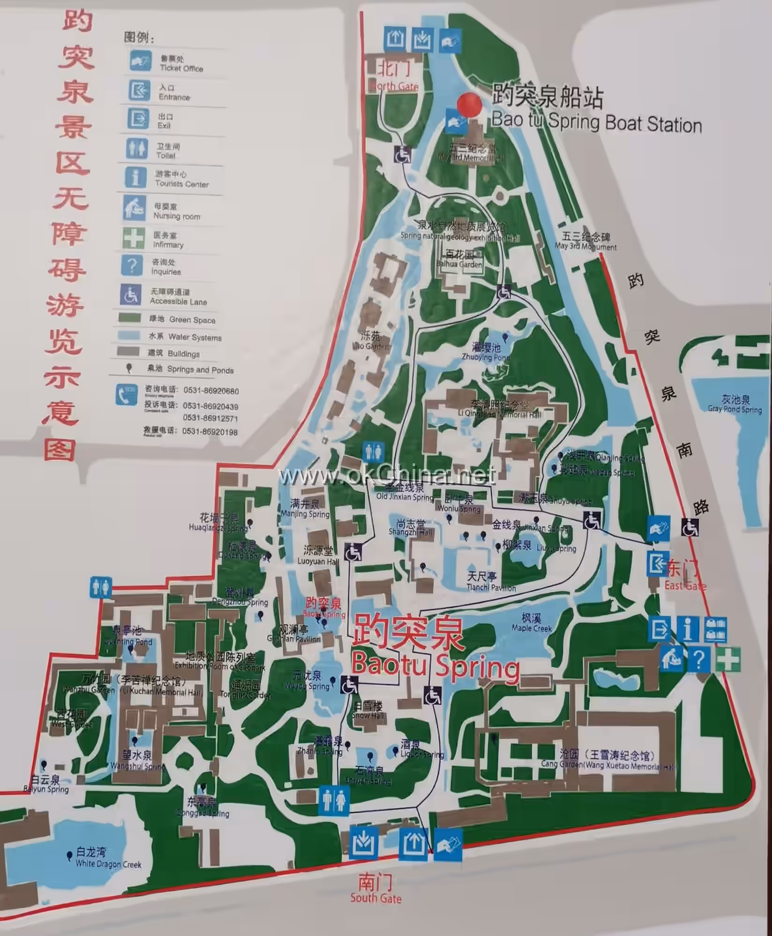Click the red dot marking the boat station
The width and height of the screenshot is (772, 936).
(469, 104)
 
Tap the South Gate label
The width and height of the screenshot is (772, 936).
(376, 899)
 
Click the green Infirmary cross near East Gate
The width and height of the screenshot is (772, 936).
(727, 660)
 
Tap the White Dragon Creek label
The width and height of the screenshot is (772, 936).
(108, 863)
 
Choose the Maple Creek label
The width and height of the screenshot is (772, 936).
(532, 623)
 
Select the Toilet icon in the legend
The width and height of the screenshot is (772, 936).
(137, 149)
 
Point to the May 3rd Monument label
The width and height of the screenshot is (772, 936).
(586, 242)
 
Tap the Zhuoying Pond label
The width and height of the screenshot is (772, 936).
(485, 352)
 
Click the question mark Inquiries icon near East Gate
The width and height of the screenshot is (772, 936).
(698, 660)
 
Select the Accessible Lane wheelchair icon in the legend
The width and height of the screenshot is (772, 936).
(131, 295)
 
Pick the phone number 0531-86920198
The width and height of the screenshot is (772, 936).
(210, 432)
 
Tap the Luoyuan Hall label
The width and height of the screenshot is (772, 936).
(318, 556)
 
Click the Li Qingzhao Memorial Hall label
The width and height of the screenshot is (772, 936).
(499, 409)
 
